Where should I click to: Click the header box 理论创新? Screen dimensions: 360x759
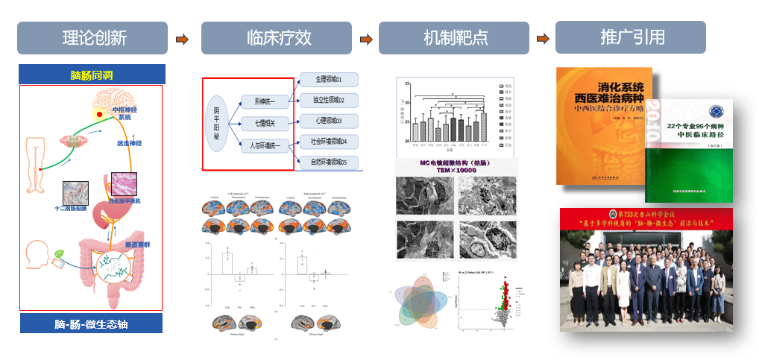[93, 38]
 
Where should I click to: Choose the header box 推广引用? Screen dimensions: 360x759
[631, 37]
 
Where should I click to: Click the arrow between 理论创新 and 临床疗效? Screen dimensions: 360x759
[182, 39]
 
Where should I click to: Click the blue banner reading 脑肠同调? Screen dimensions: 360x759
[92, 75]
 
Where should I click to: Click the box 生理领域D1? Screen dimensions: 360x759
[328, 80]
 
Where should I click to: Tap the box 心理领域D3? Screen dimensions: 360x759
[328, 121]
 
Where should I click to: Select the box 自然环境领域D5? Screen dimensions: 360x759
[328, 162]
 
